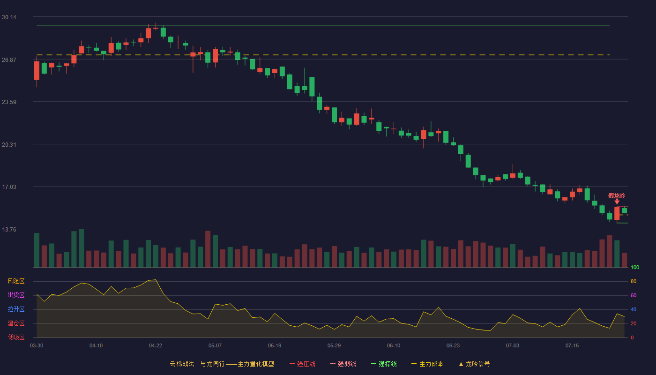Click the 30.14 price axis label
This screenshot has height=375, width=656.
pyautogui.click(x=9, y=17)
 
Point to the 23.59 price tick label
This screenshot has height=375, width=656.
pyautogui.click(x=9, y=102)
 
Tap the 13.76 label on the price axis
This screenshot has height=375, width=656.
pyautogui.click(x=9, y=229)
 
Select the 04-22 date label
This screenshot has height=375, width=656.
pyautogui.click(x=156, y=346)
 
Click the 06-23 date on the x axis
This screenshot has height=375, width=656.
pyautogui.click(x=453, y=346)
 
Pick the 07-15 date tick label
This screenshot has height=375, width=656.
pyautogui.click(x=572, y=346)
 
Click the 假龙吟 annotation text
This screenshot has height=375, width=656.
pyautogui.click(x=617, y=196)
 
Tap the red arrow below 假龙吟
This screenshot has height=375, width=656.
pyautogui.click(x=617, y=202)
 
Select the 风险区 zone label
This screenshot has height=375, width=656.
pyautogui.click(x=16, y=281)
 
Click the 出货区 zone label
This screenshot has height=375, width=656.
pyautogui.click(x=16, y=295)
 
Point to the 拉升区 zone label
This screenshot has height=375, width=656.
pyautogui.click(x=16, y=309)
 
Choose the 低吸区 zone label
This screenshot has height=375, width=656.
pyautogui.click(x=16, y=337)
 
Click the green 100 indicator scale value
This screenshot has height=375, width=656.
pyautogui.click(x=635, y=267)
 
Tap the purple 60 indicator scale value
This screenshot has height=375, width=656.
pyautogui.click(x=634, y=295)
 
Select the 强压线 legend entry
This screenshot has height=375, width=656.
pyautogui.click(x=302, y=364)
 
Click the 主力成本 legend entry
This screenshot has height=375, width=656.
pyautogui.click(x=427, y=364)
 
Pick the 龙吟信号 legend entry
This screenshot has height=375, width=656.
pyautogui.click(x=474, y=364)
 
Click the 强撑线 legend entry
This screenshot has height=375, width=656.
pyautogui.click(x=384, y=364)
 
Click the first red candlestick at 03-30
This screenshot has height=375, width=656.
pyautogui.click(x=37, y=71)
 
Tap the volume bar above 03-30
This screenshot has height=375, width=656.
pyautogui.click(x=37, y=250)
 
